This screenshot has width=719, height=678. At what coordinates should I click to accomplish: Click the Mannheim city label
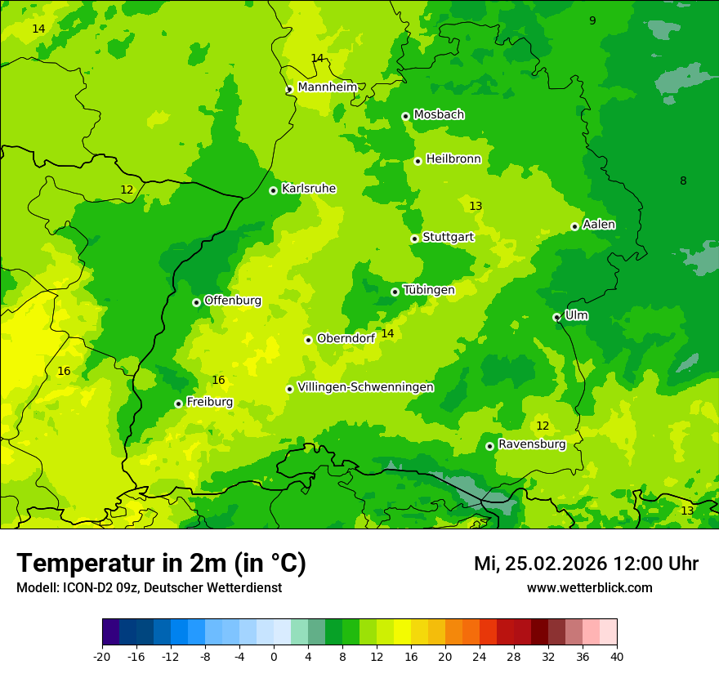point(327,87)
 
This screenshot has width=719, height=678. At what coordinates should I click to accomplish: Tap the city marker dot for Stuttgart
point(415,239)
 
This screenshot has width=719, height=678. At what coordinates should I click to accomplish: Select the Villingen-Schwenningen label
point(365,387)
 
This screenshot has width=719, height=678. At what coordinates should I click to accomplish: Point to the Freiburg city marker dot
point(178,404)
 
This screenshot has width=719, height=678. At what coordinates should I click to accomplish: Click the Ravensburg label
point(531,444)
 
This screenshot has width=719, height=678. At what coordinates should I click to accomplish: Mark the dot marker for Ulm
point(556,317)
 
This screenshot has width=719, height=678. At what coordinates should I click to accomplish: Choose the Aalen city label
point(599,225)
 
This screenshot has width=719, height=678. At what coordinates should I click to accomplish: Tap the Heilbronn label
point(453,159)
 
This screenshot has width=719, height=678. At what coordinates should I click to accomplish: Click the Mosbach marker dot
point(405,116)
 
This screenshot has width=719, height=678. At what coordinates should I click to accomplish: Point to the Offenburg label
point(233,301)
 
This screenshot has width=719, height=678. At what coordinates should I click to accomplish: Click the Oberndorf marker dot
point(308,340)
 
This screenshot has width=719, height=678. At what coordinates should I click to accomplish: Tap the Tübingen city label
point(428,290)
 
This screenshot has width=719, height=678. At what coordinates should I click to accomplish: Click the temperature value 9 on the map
point(592,20)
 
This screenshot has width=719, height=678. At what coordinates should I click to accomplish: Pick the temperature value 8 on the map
point(683,181)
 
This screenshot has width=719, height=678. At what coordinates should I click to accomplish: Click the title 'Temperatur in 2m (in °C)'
point(161,563)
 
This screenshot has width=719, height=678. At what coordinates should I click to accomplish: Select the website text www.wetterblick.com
point(589,588)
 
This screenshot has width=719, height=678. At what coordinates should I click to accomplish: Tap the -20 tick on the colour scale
point(102,656)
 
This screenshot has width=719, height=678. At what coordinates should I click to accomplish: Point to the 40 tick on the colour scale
point(616,656)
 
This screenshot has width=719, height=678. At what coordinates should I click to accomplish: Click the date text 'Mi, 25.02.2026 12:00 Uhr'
point(586,564)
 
